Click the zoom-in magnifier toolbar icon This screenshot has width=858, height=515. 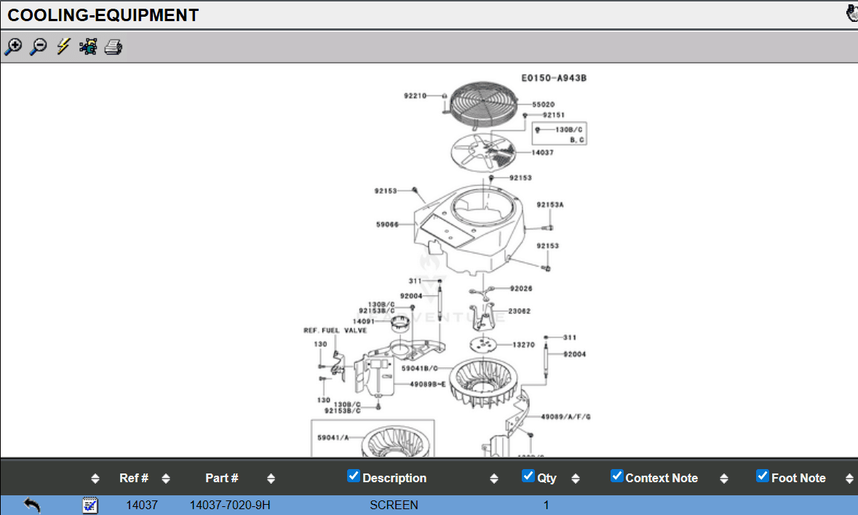point(13,47)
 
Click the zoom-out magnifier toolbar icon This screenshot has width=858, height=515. point(38,47)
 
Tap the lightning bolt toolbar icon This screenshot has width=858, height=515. point(63,47)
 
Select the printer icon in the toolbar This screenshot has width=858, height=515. point(113,47)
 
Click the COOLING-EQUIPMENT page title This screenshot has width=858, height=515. point(103,15)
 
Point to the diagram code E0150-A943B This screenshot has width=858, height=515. point(554,78)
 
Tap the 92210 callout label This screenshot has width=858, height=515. point(415,95)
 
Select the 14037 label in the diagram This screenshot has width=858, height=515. point(542,152)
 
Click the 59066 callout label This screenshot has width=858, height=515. point(387,224)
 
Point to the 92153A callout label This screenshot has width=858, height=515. point(550,205)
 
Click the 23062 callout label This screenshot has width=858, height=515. point(520,311)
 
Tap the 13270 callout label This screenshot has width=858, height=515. point(523,345)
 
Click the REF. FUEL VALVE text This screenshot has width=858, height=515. point(335,330)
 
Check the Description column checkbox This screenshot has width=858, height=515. point(354,476)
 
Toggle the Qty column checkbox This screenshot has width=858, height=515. point(529,476)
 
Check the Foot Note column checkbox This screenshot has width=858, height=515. point(763,476)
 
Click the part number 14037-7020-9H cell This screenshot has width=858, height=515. point(230,505)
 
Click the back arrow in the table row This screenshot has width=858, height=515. point(32,505)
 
